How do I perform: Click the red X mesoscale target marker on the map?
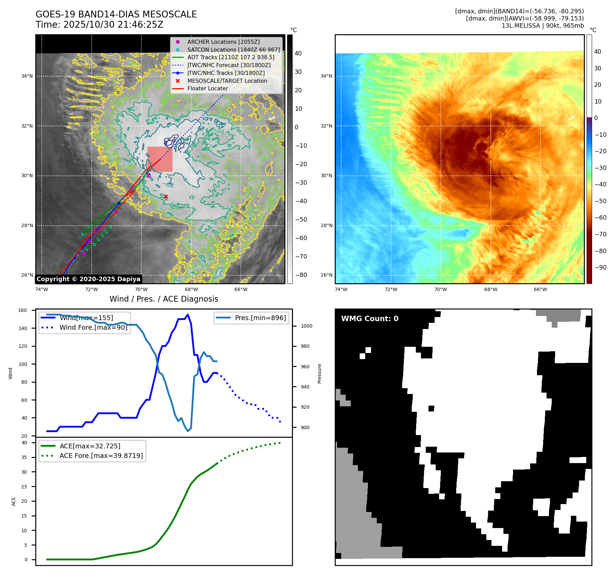[x=166, y=196]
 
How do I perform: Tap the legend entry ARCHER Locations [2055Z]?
[x=223, y=42]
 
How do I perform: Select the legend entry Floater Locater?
[x=207, y=88]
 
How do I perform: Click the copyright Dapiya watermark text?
[x=88, y=279]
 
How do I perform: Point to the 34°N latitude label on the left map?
[x=27, y=76]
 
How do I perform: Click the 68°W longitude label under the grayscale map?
[x=191, y=289]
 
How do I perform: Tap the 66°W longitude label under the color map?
[x=540, y=289]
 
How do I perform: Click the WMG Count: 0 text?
[x=370, y=319]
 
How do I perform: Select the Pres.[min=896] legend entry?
[x=260, y=318]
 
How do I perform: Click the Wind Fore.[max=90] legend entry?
[x=93, y=327]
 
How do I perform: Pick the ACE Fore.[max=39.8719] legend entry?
[x=101, y=456]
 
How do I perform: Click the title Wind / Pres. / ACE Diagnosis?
[x=164, y=299]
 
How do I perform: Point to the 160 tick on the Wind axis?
[x=23, y=311]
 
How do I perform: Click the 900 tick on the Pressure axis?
[x=305, y=428]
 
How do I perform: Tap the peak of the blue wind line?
[x=188, y=315]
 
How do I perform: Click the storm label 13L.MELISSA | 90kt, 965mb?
[x=542, y=26]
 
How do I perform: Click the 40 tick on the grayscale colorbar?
[x=298, y=53]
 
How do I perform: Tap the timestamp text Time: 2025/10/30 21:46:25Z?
[x=100, y=25]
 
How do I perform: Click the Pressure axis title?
[x=319, y=373]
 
